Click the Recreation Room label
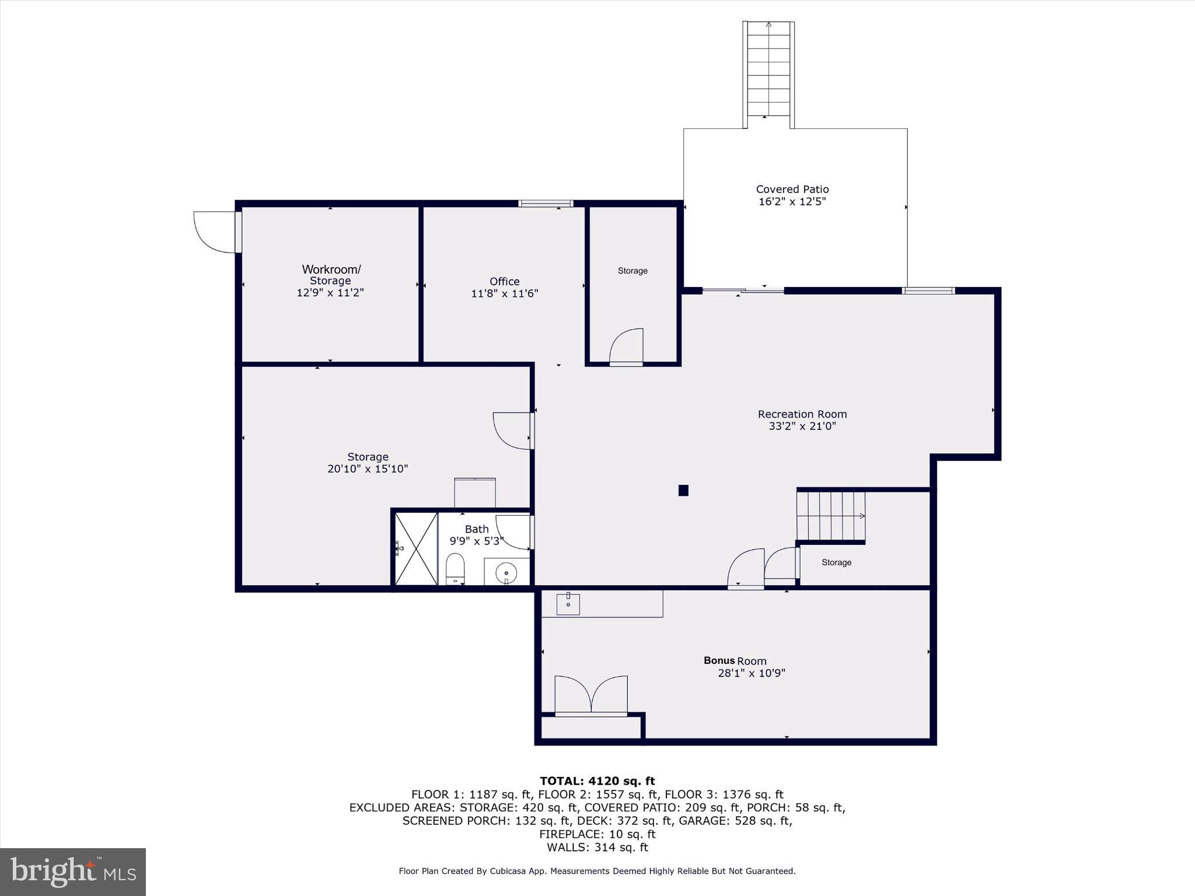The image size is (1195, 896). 802,414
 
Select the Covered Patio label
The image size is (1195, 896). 792,189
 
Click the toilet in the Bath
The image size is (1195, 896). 455,568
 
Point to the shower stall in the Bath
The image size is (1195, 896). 416,548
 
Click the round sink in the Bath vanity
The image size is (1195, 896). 506,573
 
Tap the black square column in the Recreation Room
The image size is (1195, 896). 683,491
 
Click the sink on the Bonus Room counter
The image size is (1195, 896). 568,604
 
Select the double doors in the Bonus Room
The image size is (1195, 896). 590,695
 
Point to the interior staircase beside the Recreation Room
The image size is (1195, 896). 830,516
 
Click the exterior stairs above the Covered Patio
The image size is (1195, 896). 768,73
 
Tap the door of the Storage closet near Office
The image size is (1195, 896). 627,349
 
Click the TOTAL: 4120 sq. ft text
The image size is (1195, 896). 597,781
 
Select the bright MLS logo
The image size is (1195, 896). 73,871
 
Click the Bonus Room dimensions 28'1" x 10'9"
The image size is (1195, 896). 751,673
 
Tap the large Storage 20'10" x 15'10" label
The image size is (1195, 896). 368,463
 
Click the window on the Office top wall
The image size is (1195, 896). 546,204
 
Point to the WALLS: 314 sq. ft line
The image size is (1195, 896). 597,848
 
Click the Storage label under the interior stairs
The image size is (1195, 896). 836,562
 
